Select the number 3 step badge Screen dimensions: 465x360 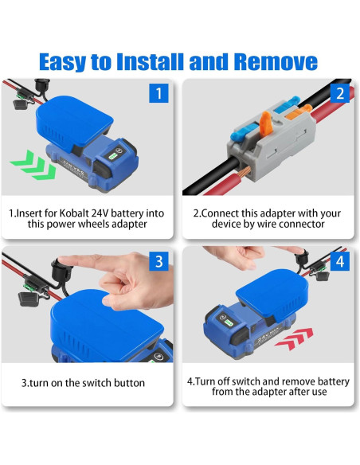(x=159, y=261)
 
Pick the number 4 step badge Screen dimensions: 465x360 (x=339, y=261)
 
